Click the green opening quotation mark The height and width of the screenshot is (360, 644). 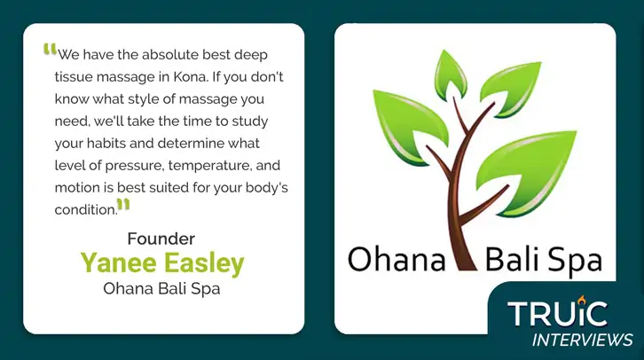click(50, 50)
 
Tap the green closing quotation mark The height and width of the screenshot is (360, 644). click(123, 205)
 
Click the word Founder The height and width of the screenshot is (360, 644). click(161, 239)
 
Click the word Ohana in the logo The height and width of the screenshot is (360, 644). click(397, 259)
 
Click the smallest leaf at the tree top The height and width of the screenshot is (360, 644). click(450, 74)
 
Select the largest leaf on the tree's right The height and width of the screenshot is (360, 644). click(526, 171)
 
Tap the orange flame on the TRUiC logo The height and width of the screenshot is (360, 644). click(580, 300)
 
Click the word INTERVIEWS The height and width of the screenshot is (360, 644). click(582, 340)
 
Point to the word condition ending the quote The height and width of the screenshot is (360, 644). click(86, 210)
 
